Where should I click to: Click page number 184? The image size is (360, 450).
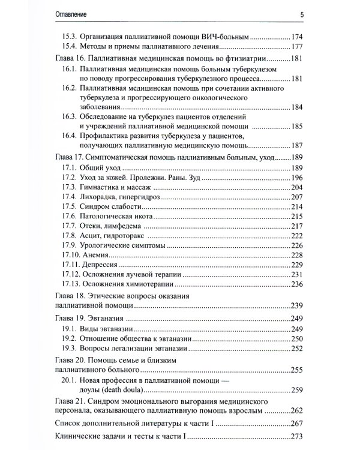pyautogui.click(x=296, y=107)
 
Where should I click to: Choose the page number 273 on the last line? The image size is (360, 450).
pyautogui.click(x=296, y=437)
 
